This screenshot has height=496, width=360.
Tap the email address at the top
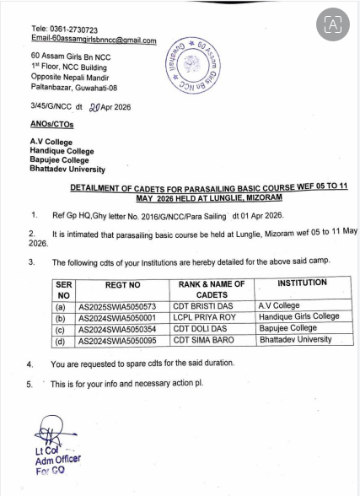[94, 40]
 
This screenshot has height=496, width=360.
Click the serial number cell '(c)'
[61, 330]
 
